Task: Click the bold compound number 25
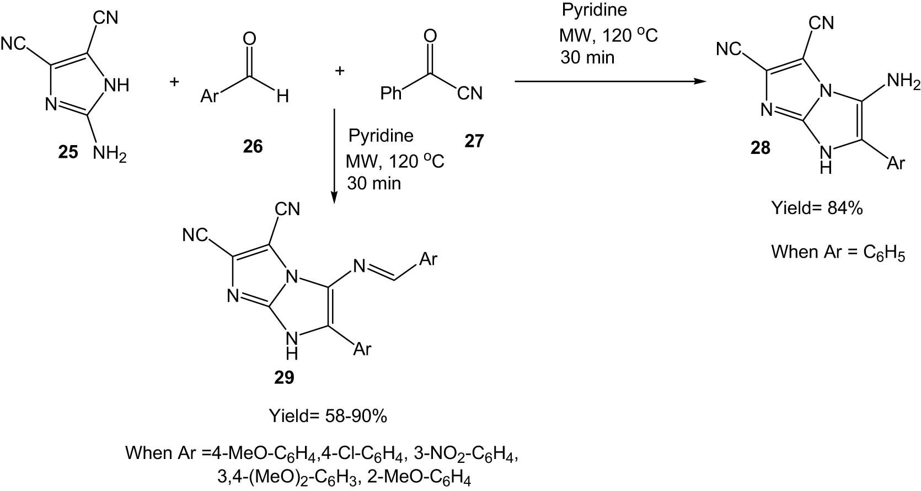click(x=68, y=153)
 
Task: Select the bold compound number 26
click(x=253, y=146)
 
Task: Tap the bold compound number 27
click(x=474, y=141)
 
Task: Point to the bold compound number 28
click(x=760, y=148)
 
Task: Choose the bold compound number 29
click(x=284, y=377)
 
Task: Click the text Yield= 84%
click(x=817, y=209)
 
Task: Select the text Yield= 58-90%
click(x=328, y=416)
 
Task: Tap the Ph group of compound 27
click(x=390, y=93)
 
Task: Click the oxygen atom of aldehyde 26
click(x=249, y=39)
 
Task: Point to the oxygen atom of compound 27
click(x=430, y=36)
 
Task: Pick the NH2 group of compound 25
click(x=109, y=154)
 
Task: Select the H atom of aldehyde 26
click(x=282, y=97)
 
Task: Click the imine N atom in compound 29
click(x=359, y=266)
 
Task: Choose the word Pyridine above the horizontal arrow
click(x=595, y=10)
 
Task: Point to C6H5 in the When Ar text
click(x=884, y=253)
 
